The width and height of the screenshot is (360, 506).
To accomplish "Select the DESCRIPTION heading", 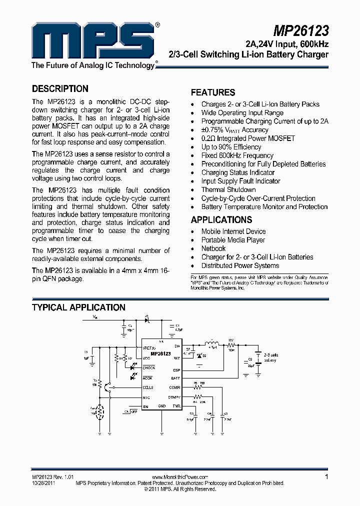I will [x=60, y=89].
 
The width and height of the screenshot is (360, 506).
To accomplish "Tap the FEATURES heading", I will [x=213, y=92].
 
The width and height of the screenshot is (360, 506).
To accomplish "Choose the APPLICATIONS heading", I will [x=221, y=220].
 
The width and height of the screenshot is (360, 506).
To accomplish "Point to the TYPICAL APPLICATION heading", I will [x=78, y=307].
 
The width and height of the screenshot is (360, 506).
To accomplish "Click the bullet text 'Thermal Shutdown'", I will [x=228, y=190].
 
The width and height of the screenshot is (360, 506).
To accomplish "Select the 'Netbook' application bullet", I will [x=213, y=248].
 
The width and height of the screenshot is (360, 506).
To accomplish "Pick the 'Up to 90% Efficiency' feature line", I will [x=231, y=147].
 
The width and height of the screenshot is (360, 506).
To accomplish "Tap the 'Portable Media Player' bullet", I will [x=233, y=240].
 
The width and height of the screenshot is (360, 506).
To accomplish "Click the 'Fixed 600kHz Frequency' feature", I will [x=237, y=155].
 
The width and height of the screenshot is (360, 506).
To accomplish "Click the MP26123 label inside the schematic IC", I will [x=160, y=353].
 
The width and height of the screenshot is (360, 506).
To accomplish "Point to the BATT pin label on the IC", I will [x=175, y=378].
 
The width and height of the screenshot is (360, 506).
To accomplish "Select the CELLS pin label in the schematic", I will [x=148, y=387].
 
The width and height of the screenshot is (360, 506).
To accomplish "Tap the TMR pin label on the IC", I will [x=176, y=405].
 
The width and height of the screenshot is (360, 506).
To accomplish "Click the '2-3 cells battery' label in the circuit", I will [x=270, y=357].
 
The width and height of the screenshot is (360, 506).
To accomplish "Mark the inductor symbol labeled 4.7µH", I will [x=212, y=342].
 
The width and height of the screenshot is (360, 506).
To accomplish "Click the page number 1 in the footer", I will [x=326, y=477].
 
